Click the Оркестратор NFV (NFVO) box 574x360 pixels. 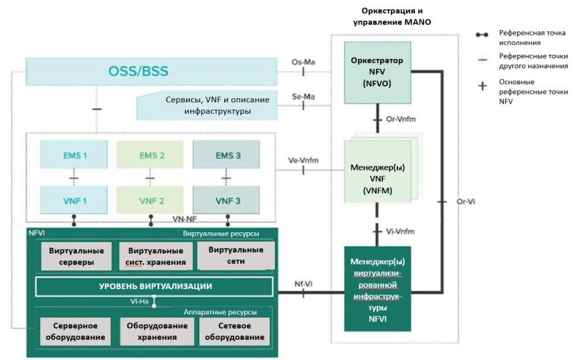pos(377,72)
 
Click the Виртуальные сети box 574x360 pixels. pos(235,256)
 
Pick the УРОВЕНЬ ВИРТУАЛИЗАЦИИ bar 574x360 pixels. pos(155,286)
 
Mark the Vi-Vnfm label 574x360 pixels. pos(401,231)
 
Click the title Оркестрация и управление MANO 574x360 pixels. pos(391,17)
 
